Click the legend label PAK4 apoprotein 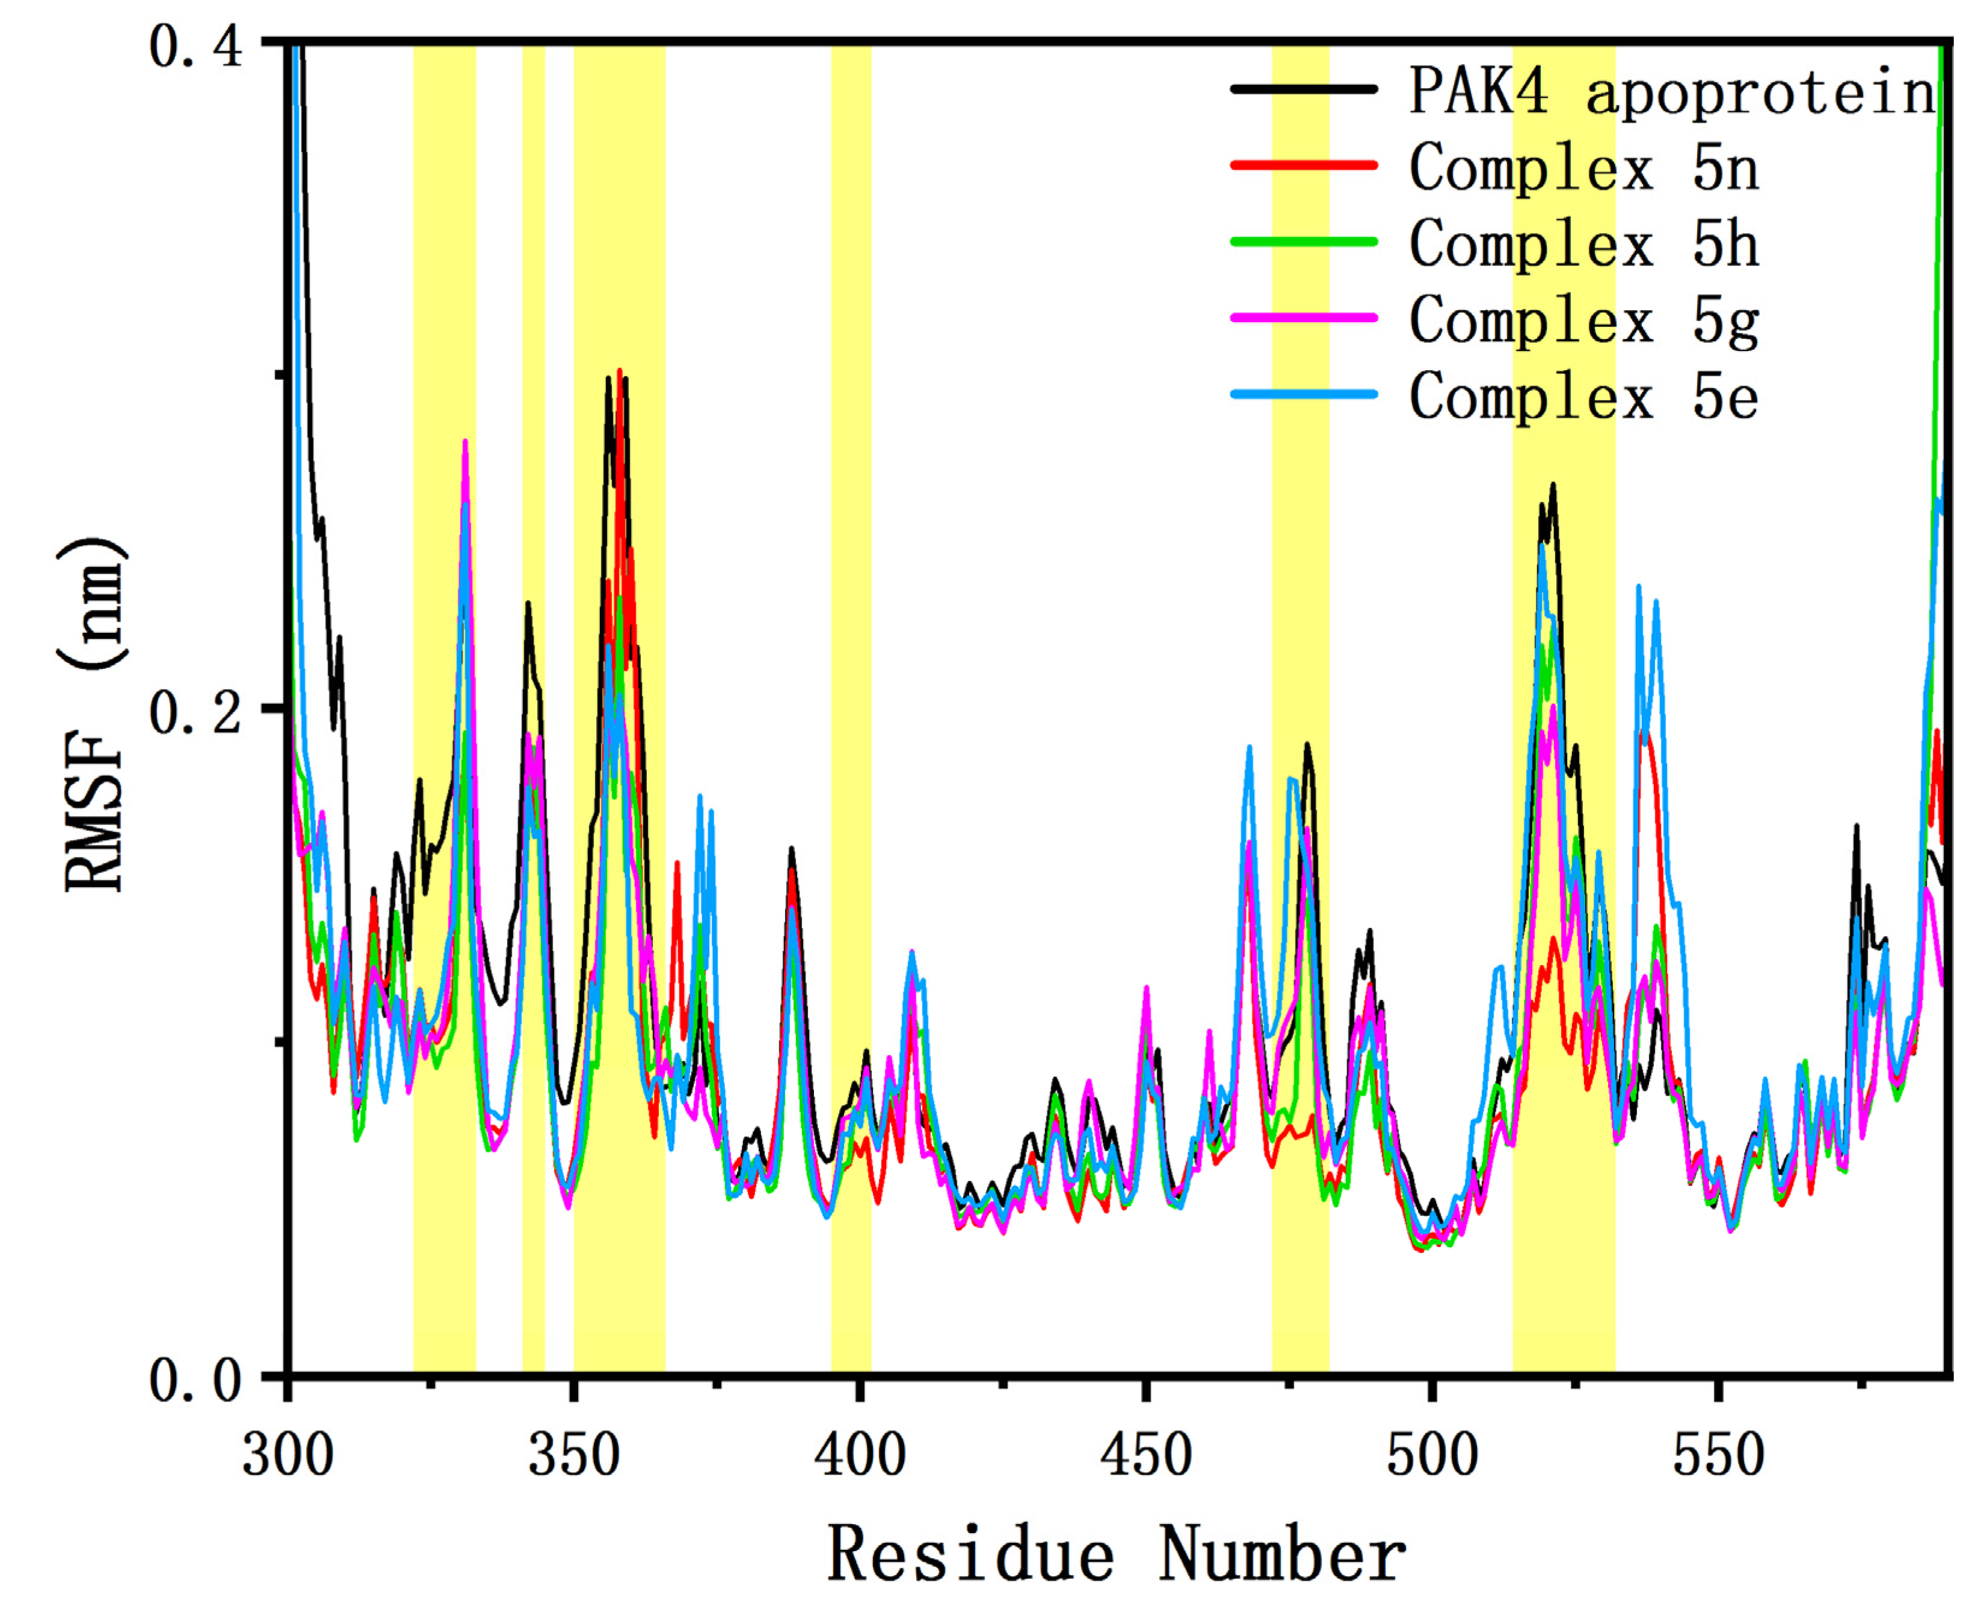click(1672, 91)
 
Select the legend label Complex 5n click(1583, 168)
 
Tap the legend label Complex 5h click(1583, 245)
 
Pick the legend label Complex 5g click(1583, 320)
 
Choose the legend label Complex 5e click(1583, 396)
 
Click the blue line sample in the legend click(1303, 394)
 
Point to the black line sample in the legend click(1303, 89)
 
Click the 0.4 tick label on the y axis click(195, 46)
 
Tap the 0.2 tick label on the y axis click(195, 714)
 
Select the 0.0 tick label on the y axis click(195, 1381)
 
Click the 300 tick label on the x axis click(288, 1455)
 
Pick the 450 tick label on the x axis click(1146, 1455)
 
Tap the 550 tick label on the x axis click(1718, 1455)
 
